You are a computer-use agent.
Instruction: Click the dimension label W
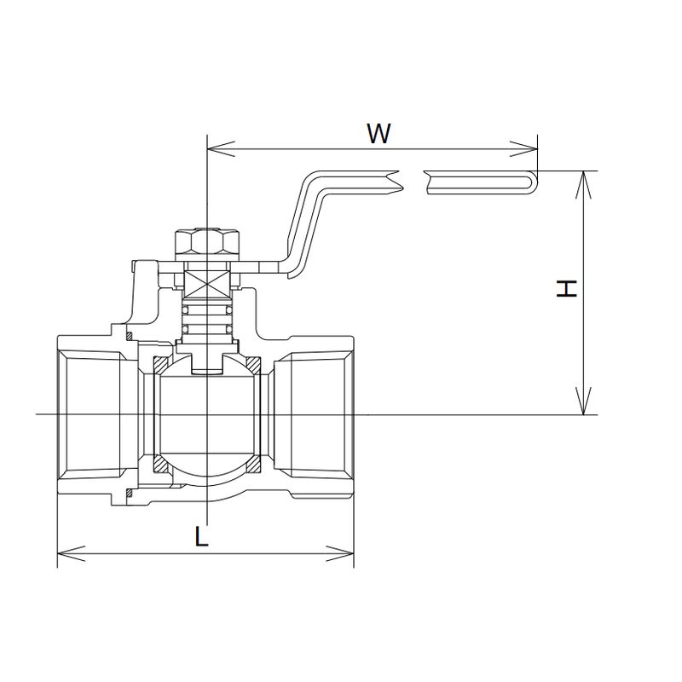[x=379, y=133]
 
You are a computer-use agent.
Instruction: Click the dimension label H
[x=567, y=288]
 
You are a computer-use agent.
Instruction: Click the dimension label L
[x=201, y=536]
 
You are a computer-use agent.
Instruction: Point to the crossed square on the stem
[x=207, y=284]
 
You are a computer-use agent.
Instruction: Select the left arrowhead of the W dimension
[x=221, y=148]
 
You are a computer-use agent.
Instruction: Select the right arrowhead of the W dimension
[x=523, y=148]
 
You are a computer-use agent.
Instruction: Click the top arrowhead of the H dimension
[x=584, y=185]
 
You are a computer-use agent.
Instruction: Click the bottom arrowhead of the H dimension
[x=584, y=401]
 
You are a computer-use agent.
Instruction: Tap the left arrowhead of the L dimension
[x=71, y=553]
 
